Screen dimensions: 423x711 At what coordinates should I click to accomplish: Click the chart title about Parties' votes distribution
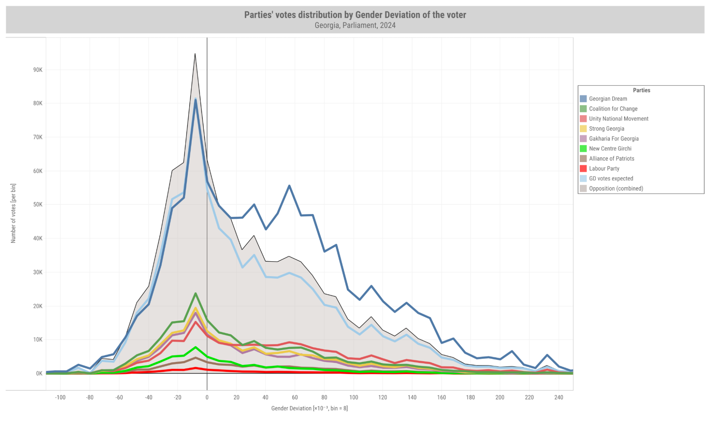coord(355,15)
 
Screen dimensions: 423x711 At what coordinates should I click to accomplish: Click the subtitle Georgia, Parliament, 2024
coord(355,26)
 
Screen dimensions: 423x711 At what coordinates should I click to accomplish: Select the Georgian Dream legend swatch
coord(583,99)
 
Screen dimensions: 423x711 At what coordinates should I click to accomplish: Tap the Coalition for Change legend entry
coord(613,109)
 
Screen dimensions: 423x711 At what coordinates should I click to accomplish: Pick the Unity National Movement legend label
coord(618,119)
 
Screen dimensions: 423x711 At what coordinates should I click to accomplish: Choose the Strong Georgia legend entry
coord(606,129)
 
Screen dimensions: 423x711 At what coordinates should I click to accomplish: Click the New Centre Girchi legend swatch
coord(583,149)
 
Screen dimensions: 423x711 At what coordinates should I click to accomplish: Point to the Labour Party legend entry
coord(604,168)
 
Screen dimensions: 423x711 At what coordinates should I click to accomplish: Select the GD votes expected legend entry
coord(611,178)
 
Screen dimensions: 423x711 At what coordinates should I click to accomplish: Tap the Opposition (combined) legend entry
coord(616,188)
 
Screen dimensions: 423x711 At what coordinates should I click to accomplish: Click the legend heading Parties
coord(641,90)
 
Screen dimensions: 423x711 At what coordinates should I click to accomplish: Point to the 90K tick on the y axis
coord(38,70)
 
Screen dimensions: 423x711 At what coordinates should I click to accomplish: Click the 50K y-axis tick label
coord(38,205)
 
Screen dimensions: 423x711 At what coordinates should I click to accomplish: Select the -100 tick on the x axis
coord(60,397)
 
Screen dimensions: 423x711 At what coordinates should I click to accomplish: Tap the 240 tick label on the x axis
coord(558,397)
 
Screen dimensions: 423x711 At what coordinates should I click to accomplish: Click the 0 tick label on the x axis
coord(207,397)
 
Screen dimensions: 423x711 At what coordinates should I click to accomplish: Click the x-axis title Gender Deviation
coord(309,408)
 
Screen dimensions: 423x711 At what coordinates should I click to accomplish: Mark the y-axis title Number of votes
coord(14,213)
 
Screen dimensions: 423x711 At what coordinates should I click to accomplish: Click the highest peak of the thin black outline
coord(195,54)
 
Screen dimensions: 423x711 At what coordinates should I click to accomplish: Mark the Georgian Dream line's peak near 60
coord(289,186)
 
